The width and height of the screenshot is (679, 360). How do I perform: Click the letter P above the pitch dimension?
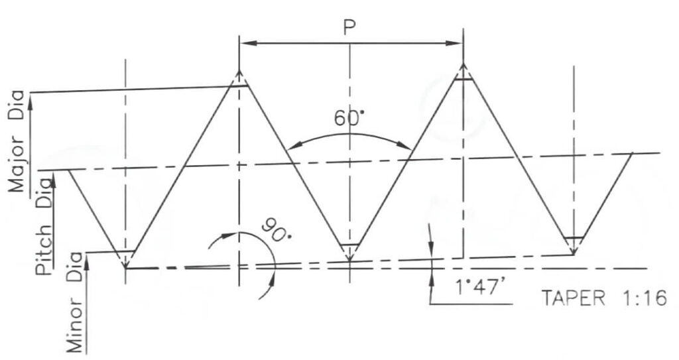[349, 27]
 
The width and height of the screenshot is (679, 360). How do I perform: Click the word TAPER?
[574, 298]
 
